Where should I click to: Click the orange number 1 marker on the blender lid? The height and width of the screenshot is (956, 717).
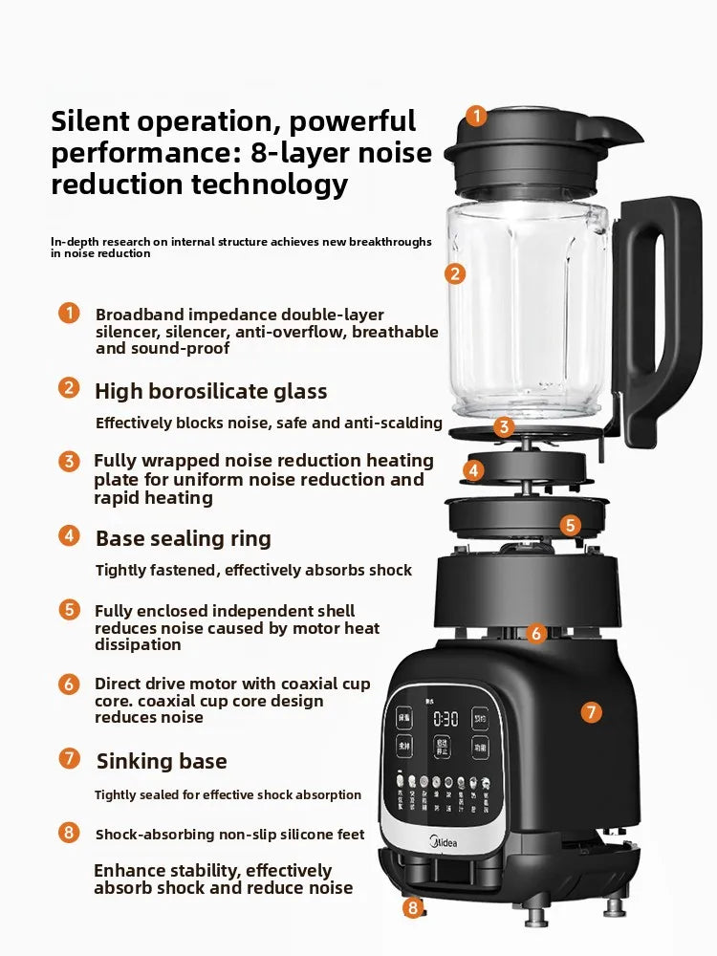[x=477, y=117]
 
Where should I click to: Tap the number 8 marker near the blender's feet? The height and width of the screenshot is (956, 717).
[x=413, y=907]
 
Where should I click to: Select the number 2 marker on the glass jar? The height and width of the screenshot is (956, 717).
[x=456, y=273]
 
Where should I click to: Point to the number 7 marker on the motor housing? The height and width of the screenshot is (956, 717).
[x=592, y=711]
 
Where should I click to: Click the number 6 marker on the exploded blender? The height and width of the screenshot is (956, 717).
[x=536, y=633]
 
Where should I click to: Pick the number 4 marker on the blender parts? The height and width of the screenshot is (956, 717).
[x=475, y=469]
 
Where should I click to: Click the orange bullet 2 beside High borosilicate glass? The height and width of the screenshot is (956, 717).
[x=69, y=387]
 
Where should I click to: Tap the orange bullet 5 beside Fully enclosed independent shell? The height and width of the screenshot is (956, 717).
[x=69, y=610]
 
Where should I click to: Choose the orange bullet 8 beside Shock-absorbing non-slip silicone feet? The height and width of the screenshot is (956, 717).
[x=69, y=832]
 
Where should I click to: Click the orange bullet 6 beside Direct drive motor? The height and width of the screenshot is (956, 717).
[x=69, y=684]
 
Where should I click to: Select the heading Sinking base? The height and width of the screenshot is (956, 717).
[x=162, y=761]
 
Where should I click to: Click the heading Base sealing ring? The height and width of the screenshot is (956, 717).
[x=184, y=538]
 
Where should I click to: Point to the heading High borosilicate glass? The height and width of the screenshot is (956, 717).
[x=210, y=391]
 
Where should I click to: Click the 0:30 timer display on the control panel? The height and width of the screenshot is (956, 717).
[x=445, y=718]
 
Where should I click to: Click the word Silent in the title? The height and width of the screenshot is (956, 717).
[x=99, y=121]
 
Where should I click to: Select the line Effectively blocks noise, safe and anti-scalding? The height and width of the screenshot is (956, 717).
[x=269, y=423]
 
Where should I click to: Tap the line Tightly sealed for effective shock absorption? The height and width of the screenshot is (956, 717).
[x=228, y=794]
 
